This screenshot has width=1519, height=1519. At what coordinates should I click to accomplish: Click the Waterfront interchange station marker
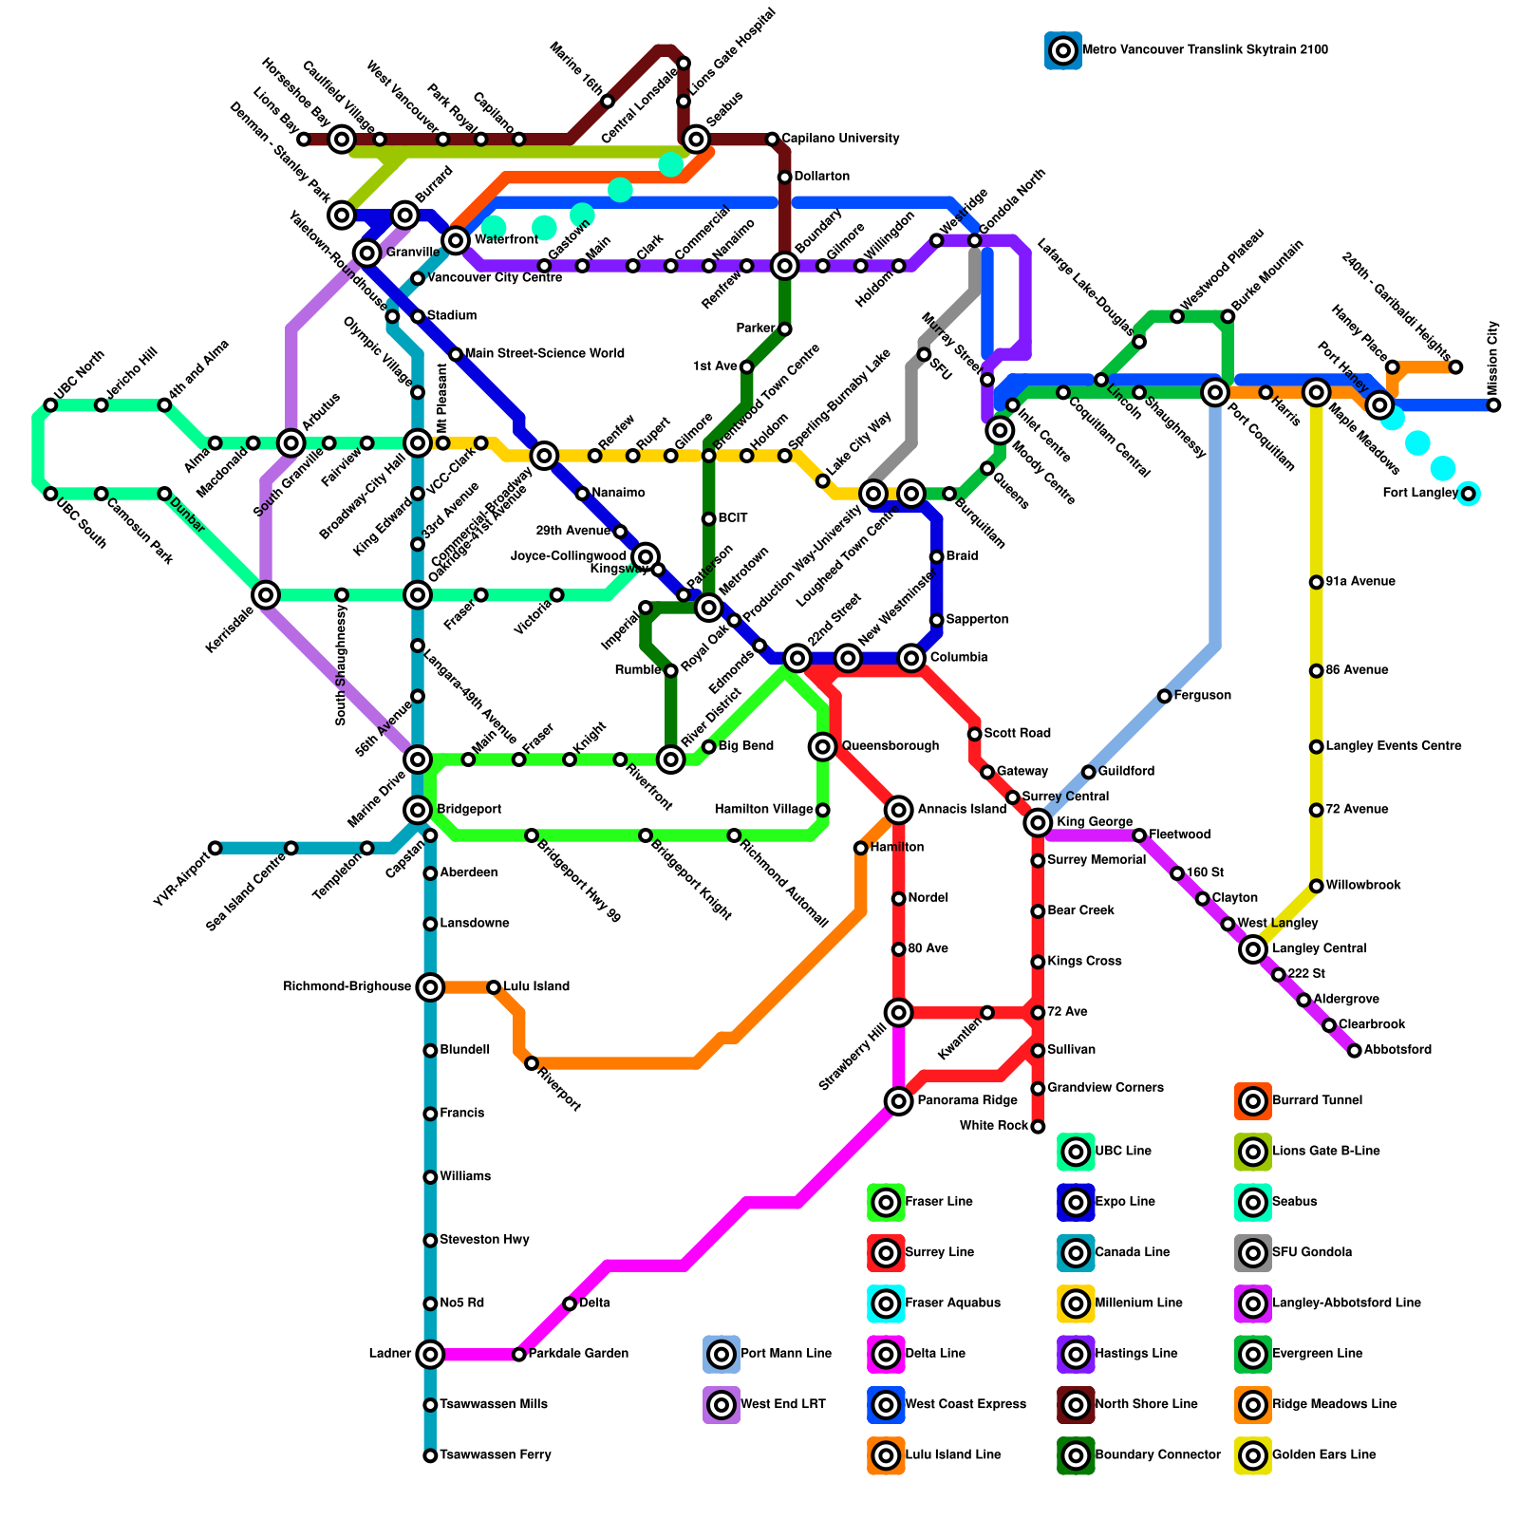[457, 239]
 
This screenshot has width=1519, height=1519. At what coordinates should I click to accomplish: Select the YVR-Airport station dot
[216, 848]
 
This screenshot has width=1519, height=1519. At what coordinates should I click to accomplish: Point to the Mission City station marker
[1493, 405]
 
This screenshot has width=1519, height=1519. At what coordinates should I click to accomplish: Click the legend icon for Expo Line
[1076, 1202]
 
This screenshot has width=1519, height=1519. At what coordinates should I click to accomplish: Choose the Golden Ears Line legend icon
[1253, 1454]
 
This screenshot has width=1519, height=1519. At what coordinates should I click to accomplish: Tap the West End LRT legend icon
[722, 1404]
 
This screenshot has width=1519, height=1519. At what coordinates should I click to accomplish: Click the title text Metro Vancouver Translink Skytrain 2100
[1205, 49]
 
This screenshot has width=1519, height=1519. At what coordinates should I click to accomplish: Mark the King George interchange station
[1038, 822]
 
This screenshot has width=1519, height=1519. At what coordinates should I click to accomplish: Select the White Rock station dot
[1038, 1126]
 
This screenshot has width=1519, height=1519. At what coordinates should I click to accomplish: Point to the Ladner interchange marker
[430, 1354]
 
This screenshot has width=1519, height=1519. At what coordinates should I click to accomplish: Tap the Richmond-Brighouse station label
[347, 987]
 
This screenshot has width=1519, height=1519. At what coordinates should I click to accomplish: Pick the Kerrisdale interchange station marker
[266, 595]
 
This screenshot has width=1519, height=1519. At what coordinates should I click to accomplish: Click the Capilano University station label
[840, 139]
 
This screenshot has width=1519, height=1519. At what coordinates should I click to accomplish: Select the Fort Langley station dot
[1468, 494]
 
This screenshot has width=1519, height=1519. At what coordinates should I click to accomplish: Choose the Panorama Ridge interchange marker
[898, 1101]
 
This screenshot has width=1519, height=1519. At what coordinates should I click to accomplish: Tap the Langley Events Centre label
[1393, 746]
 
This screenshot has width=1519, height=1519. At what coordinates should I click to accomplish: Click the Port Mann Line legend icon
[722, 1354]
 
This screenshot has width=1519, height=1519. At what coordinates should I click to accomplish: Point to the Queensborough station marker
[823, 746]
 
